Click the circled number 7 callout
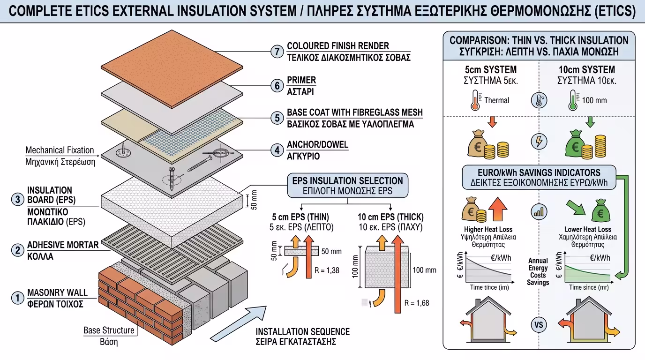pyautogui.click(x=277, y=52)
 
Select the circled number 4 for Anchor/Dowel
pyautogui.click(x=277, y=150)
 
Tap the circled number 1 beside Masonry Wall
pyautogui.click(x=17, y=298)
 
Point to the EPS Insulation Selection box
pyautogui.click(x=347, y=186)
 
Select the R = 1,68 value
pyautogui.click(x=416, y=303)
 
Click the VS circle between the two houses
pyautogui.click(x=538, y=324)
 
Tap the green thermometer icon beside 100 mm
pyautogui.click(x=573, y=100)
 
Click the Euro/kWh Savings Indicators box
pyautogui.click(x=538, y=177)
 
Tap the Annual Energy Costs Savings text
pyautogui.click(x=538, y=271)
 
